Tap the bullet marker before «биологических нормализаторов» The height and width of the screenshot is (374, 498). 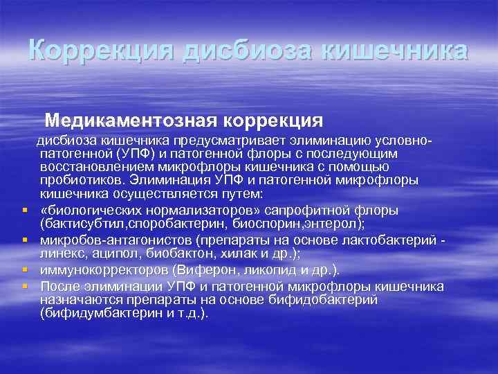(24, 208)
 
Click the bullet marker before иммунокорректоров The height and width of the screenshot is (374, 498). (24, 268)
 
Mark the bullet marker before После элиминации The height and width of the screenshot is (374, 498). (24, 284)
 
